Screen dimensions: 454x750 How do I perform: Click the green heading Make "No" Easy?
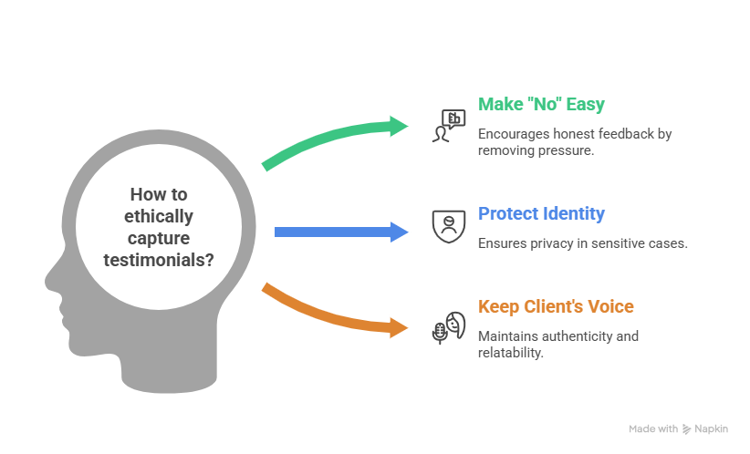click(541, 104)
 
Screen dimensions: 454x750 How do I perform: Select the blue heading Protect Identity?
click(541, 214)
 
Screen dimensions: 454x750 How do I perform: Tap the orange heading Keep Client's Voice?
click(556, 306)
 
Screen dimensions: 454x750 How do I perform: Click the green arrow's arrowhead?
click(400, 126)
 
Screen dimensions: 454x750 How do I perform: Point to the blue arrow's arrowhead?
click(400, 232)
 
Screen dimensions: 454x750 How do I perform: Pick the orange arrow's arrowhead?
click(400, 326)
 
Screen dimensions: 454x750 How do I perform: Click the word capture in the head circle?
click(161, 238)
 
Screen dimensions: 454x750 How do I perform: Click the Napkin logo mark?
click(686, 428)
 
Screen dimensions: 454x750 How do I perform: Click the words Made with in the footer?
click(653, 428)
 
